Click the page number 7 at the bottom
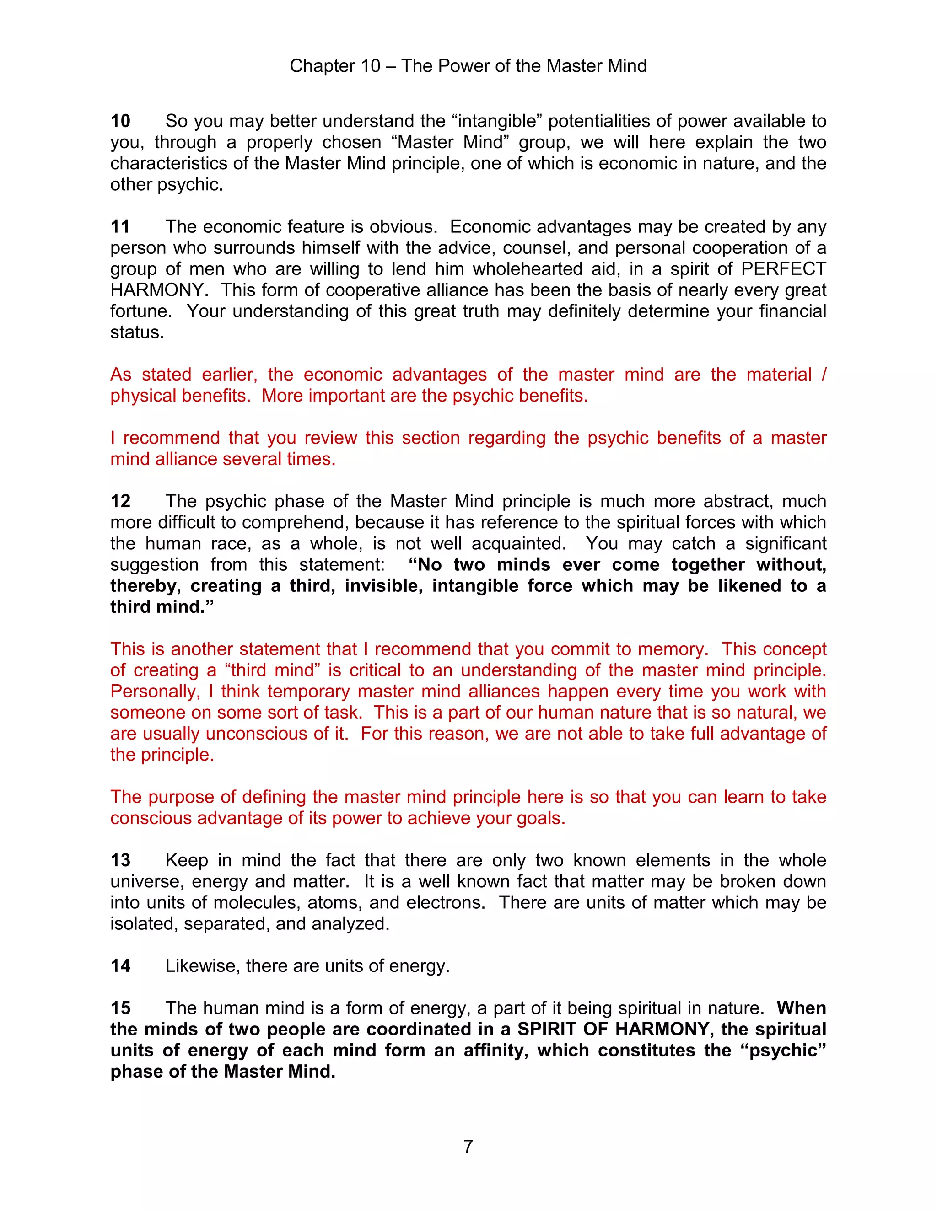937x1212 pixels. click(468, 1147)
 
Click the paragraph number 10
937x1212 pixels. click(120, 121)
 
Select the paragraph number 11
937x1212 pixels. click(120, 226)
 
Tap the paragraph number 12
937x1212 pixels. click(120, 501)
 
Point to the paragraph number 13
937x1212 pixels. click(120, 860)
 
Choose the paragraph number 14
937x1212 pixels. click(120, 965)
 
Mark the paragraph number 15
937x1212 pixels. click(120, 1008)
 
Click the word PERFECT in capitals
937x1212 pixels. click(783, 268)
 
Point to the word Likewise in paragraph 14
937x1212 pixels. click(202, 965)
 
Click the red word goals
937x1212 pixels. click(540, 818)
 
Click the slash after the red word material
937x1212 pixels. click(823, 375)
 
